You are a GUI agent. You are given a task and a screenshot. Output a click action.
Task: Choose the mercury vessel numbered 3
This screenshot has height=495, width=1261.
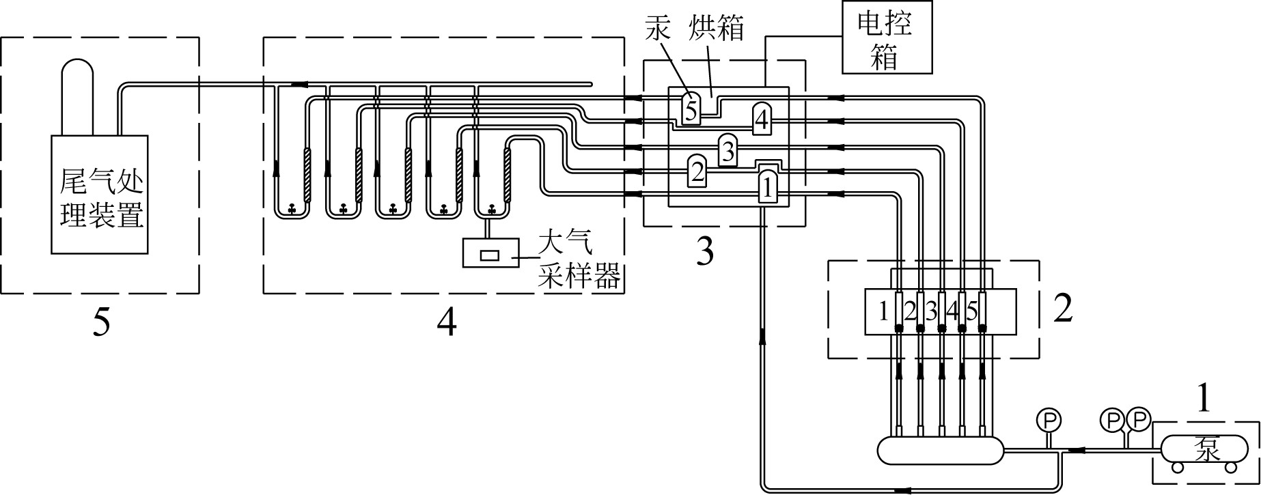(728, 150)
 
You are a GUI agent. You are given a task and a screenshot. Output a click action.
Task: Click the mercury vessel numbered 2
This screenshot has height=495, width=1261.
(697, 170)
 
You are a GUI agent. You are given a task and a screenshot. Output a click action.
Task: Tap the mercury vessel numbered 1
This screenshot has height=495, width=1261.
(767, 186)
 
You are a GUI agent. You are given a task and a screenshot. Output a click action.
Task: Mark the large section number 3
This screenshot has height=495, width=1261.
(704, 252)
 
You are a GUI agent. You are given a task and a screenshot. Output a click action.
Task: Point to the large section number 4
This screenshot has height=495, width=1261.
(446, 323)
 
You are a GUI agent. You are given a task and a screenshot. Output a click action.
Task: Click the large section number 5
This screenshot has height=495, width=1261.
(101, 323)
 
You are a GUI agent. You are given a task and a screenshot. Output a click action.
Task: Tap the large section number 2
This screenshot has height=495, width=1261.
(1063, 309)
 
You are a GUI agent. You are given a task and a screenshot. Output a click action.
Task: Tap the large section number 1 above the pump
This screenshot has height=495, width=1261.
(1204, 399)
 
